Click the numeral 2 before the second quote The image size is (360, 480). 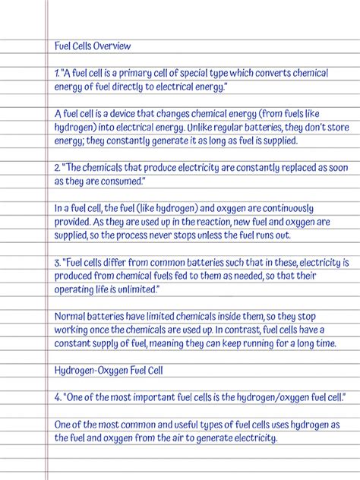pos(57,168)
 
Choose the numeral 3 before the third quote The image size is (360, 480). pos(57,263)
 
